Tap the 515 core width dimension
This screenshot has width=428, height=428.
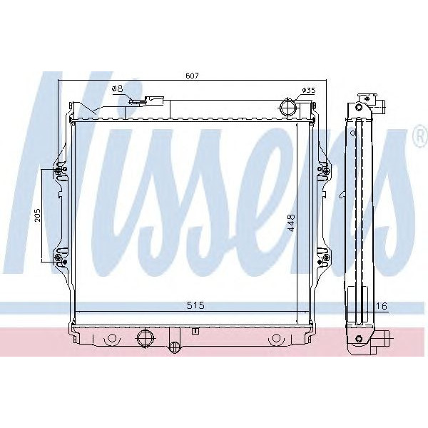pyautogui.click(x=195, y=305)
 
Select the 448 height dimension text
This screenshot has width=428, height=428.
pyautogui.click(x=290, y=227)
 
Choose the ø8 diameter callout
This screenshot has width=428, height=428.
pyautogui.click(x=118, y=88)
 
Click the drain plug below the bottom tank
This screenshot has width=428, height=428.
pyautogui.click(x=173, y=347)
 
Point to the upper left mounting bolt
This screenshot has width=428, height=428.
pyautogui.click(x=60, y=170)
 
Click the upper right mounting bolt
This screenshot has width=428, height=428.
pyautogui.click(x=325, y=170)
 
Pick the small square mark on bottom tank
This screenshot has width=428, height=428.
pyautogui.click(x=194, y=331)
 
